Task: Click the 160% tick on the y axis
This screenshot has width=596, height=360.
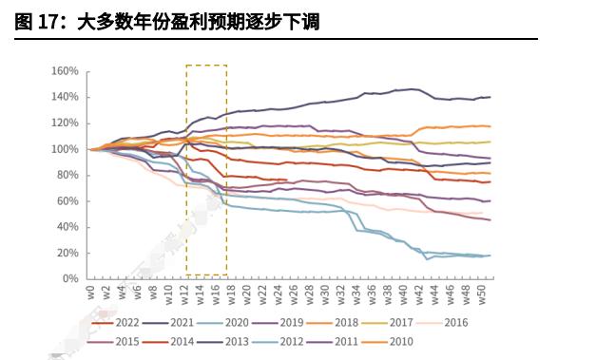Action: [64, 71]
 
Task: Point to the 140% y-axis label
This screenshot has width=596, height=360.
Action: [64, 97]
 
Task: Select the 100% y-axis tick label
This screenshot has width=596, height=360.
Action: [64, 149]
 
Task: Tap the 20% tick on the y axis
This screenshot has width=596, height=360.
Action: [67, 254]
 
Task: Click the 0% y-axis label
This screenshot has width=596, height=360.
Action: [69, 279]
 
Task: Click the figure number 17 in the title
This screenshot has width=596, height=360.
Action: [50, 22]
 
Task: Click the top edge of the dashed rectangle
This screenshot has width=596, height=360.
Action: [206, 66]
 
